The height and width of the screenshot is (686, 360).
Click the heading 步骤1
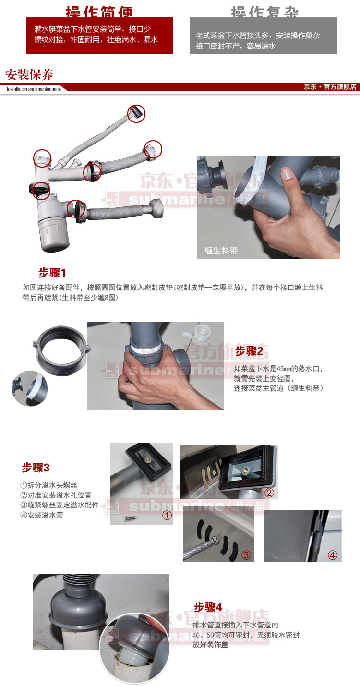(52, 273)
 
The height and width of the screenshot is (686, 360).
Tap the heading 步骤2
(249, 351)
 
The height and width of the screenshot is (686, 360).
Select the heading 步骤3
(36, 468)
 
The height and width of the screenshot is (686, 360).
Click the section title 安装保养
(29, 75)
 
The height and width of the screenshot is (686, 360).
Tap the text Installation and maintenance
(34, 89)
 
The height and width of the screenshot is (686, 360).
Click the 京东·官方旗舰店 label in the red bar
(330, 87)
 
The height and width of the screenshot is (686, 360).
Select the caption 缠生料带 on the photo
(221, 250)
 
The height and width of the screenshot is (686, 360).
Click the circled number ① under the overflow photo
(167, 516)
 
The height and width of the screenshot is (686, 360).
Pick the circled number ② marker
(269, 492)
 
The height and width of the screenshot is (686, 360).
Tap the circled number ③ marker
(246, 555)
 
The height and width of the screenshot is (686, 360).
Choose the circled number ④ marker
(333, 555)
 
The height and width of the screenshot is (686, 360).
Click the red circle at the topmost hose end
(136, 114)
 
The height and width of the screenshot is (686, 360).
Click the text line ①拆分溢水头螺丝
(48, 485)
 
